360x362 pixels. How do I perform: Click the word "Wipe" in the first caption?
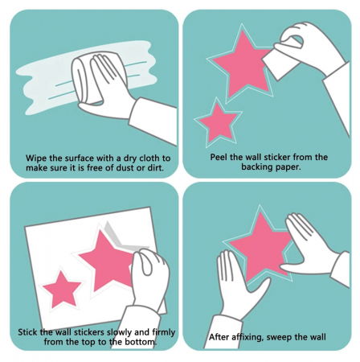coord(36,158)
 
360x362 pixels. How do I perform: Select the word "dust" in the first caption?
coord(126,168)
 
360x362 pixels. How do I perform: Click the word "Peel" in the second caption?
coord(218,157)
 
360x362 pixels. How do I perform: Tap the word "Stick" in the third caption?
coord(28,332)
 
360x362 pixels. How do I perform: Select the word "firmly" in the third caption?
coord(163,332)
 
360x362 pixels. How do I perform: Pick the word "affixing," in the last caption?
coord(246,337)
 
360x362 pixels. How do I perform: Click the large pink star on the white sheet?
coord(107,261)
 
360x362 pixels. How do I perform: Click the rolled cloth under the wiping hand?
coord(86,80)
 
